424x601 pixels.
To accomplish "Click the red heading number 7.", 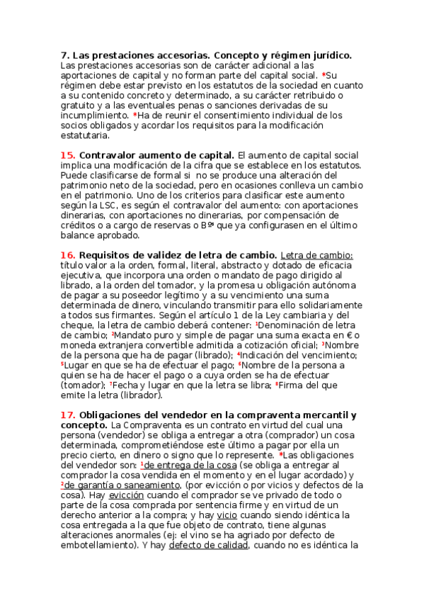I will (64, 55).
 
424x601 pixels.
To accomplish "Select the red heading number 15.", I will (68, 155).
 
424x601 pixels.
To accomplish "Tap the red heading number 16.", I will (68, 254).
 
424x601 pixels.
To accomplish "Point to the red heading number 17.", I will (68, 415).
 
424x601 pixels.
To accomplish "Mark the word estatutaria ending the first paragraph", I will (85, 135).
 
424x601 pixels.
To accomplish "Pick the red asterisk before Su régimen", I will (324, 75).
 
